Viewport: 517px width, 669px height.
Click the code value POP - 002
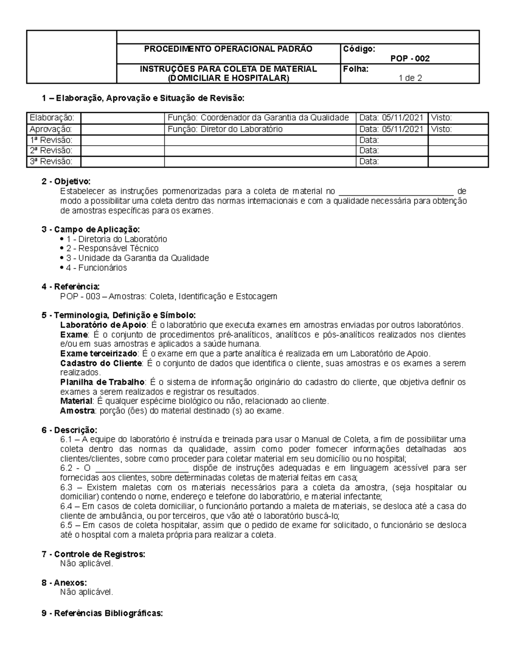pyautogui.click(x=410, y=59)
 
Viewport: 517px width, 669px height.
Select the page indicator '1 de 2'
pyautogui.click(x=410, y=78)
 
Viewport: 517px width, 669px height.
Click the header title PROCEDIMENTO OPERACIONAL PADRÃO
pyautogui.click(x=228, y=49)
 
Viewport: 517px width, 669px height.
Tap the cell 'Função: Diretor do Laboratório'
pyautogui.click(x=225, y=129)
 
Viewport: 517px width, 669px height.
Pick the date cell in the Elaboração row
pyautogui.click(x=391, y=118)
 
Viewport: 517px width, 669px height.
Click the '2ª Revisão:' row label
pyautogui.click(x=51, y=150)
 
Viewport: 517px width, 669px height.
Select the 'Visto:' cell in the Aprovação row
pyautogui.click(x=442, y=129)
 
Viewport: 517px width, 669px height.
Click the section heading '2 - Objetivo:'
pyautogui.click(x=66, y=182)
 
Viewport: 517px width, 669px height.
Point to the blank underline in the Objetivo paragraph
pyautogui.click(x=396, y=191)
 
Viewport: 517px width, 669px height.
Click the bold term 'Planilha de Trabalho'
pyautogui.click(x=102, y=382)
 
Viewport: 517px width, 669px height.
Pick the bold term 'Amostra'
pyautogui.click(x=77, y=411)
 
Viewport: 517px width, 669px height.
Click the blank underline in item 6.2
pyautogui.click(x=142, y=468)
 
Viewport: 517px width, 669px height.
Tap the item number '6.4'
pyautogui.click(x=68, y=506)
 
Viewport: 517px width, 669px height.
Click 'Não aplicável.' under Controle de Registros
pyautogui.click(x=87, y=563)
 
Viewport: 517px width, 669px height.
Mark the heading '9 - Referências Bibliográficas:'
pyautogui.click(x=102, y=613)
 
